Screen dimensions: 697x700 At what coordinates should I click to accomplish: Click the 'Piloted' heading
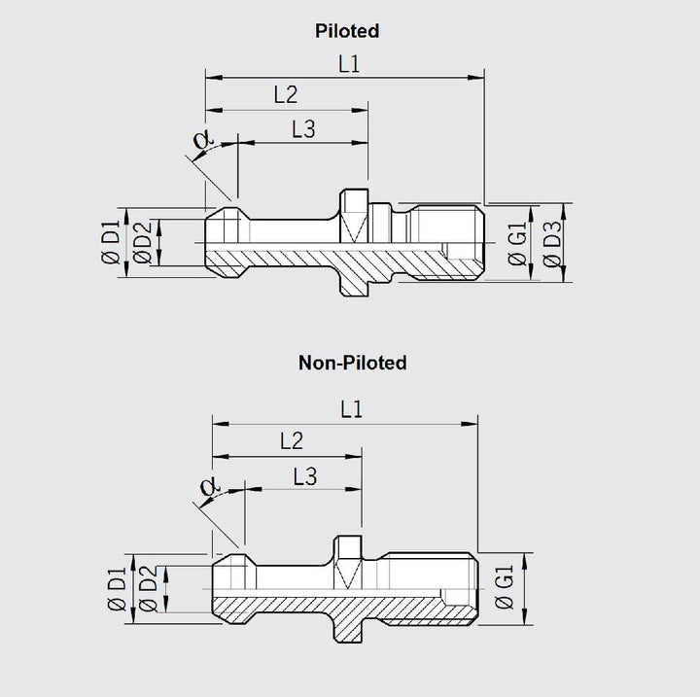tap(347, 31)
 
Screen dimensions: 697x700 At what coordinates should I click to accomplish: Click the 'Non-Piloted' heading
tap(353, 363)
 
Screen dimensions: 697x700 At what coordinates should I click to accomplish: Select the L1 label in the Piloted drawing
tap(349, 63)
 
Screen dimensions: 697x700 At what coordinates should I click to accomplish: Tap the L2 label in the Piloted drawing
tap(285, 94)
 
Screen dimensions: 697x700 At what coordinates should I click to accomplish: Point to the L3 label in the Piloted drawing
tap(303, 129)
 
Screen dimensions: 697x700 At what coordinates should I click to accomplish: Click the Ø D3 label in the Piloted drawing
tap(552, 243)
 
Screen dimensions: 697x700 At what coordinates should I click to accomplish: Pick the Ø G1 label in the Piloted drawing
tap(518, 243)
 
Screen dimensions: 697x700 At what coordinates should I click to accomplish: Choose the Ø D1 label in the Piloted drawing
tap(110, 242)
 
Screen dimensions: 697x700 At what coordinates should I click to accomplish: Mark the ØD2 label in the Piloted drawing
tap(142, 242)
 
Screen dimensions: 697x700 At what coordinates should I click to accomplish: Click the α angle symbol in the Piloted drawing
tap(201, 142)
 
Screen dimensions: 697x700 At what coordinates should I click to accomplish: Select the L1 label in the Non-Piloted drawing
tap(351, 410)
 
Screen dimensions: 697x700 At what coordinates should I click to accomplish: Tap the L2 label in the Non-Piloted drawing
tap(291, 440)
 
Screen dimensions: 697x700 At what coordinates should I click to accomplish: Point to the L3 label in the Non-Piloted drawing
tap(304, 475)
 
